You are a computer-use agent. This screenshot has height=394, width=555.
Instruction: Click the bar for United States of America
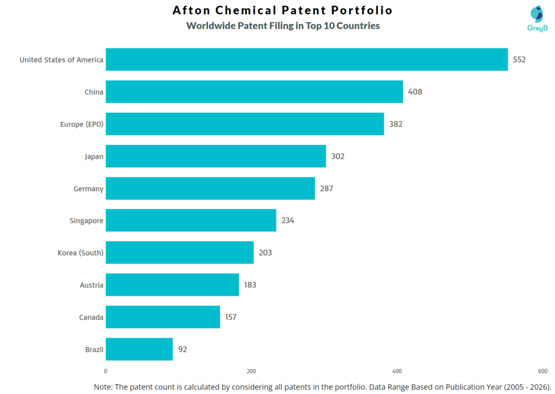306,60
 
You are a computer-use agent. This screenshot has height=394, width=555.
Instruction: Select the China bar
254,92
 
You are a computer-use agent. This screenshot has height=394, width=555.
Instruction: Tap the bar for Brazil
139,350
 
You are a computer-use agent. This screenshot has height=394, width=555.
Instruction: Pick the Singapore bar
191,221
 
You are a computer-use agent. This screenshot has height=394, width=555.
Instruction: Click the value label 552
519,60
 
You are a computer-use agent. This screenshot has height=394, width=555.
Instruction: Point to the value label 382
396,124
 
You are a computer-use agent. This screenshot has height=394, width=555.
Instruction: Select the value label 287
326,189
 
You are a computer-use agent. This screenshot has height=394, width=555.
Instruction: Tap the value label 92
183,350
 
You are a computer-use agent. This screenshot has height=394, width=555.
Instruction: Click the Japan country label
94,157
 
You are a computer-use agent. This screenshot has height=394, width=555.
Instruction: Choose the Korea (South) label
80,253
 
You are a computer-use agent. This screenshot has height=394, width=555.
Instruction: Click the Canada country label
91,318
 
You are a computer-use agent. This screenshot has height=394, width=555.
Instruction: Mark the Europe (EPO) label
82,124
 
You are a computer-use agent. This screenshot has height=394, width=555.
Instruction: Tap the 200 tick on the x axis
251,371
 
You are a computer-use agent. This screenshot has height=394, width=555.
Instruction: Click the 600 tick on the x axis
543,371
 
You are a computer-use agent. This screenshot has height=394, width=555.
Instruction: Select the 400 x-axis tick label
397,371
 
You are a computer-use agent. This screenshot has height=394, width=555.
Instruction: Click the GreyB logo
537,18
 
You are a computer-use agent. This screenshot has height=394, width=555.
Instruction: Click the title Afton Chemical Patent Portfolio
282,10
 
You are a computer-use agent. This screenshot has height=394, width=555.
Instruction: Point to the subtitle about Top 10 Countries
282,25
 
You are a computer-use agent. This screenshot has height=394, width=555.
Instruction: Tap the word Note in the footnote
103,386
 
